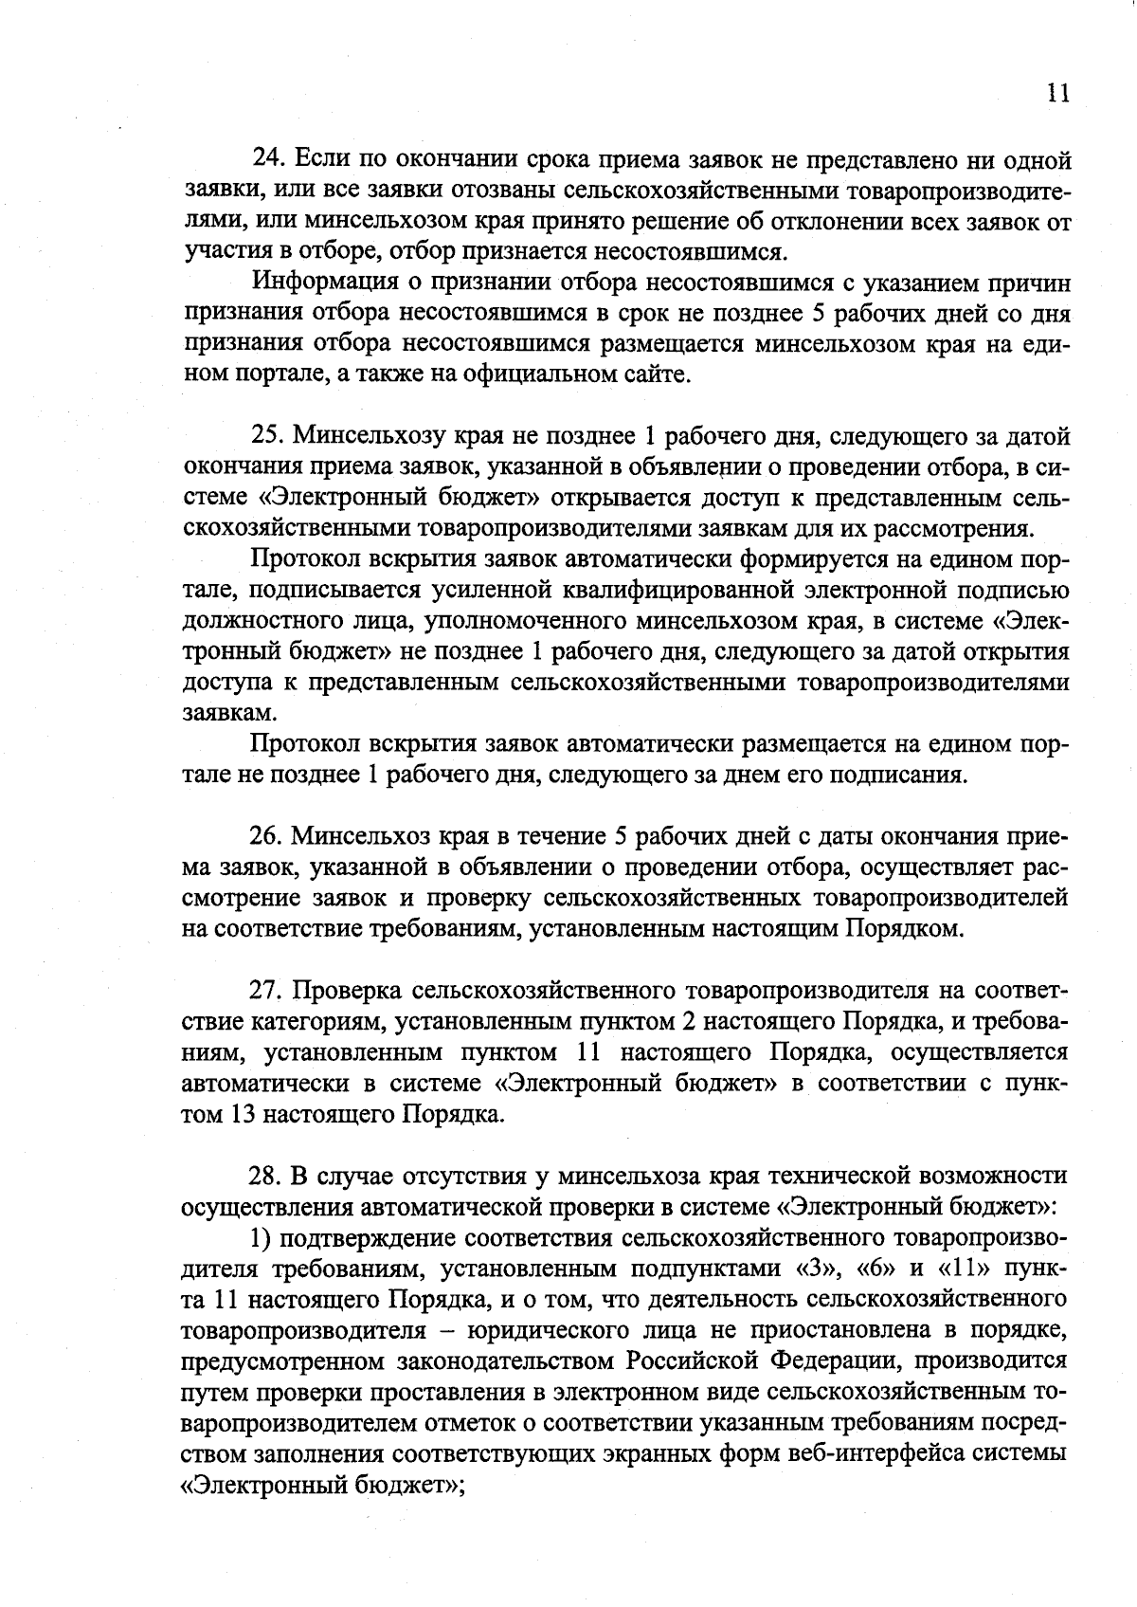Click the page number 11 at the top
pos(1057,93)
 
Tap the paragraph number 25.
pos(267,437)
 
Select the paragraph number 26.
pos(265,837)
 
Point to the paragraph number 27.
pos(265,992)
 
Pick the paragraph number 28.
pos(265,1177)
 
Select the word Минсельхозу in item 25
pos(363,437)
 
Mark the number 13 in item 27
pos(239,1115)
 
